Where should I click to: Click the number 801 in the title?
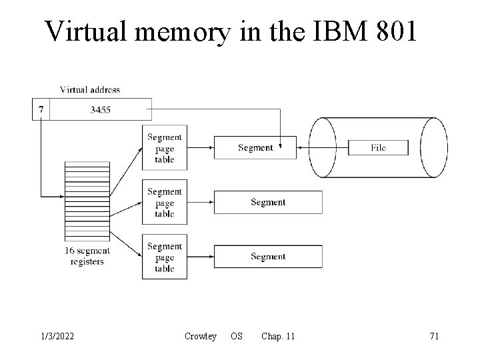[393, 31]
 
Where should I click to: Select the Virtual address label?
[90, 89]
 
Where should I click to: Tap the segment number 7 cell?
[41, 109]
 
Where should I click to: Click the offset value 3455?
[100, 109]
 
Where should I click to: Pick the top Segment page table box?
[164, 148]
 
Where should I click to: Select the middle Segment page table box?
[164, 203]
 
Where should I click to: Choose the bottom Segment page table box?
[164, 257]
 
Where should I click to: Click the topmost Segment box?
[255, 147]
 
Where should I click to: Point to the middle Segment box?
[267, 202]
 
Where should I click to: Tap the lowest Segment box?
[267, 257]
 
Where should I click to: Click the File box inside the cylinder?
[378, 147]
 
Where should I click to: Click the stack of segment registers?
[87, 200]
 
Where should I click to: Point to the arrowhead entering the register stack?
[62, 196]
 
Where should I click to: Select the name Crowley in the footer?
[200, 336]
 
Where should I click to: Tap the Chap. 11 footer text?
[278, 336]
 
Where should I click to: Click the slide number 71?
[434, 336]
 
